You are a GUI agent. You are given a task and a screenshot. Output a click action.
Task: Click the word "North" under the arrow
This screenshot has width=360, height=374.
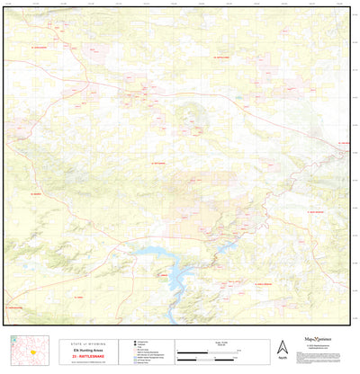(x=283, y=359)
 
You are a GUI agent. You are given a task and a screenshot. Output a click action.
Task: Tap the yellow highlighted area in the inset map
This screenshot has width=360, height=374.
(x=31, y=351)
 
